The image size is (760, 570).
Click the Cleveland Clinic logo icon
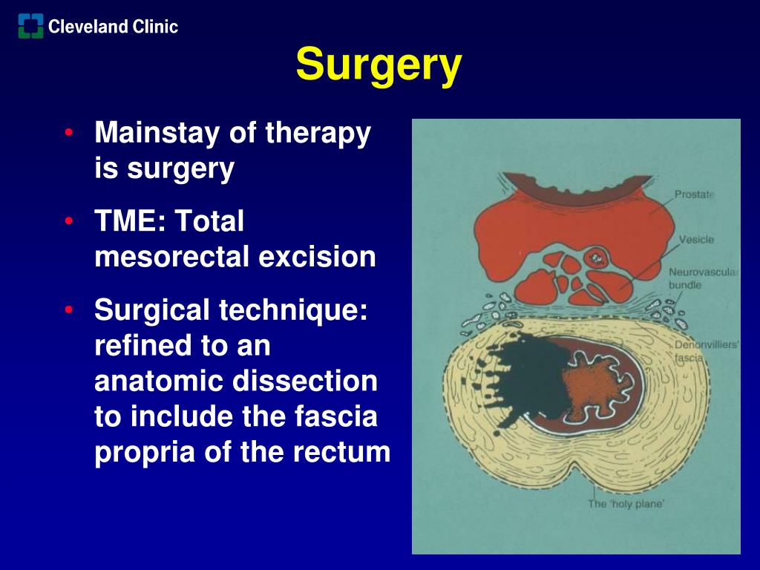coord(30,27)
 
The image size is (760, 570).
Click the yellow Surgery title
coord(379,65)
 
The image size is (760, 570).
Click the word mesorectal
coord(172,257)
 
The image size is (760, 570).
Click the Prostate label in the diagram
coord(694,194)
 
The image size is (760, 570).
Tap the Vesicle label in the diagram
coord(696,240)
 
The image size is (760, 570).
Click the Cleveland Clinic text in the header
coord(113,27)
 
